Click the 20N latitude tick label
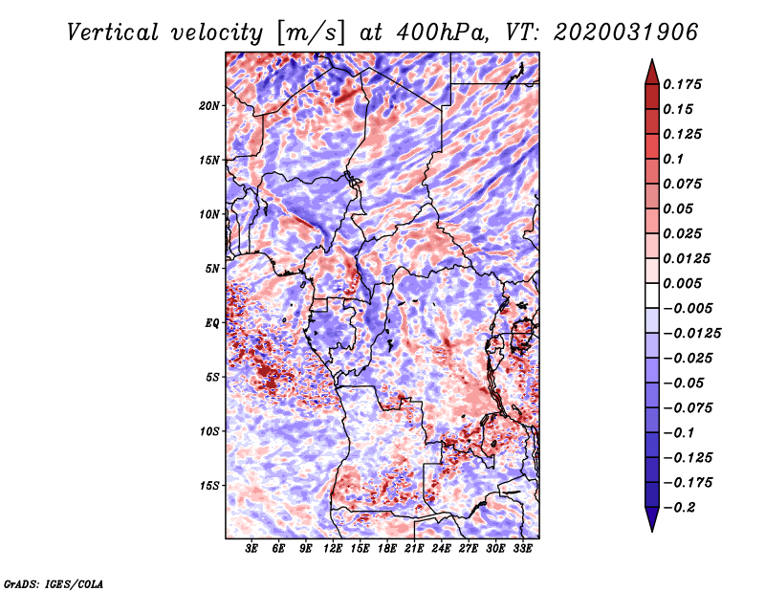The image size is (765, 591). pyautogui.click(x=209, y=106)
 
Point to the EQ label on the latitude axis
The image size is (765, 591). pyautogui.click(x=211, y=323)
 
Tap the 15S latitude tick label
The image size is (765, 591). pyautogui.click(x=209, y=486)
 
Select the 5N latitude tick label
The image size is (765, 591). pyautogui.click(x=212, y=269)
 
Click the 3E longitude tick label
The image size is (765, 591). pyautogui.click(x=251, y=549)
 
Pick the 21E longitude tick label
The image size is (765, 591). pyautogui.click(x=414, y=549)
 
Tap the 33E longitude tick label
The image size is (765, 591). pyautogui.click(x=522, y=549)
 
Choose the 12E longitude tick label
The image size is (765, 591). pyautogui.click(x=332, y=549)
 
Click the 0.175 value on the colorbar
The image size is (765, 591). pyautogui.click(x=682, y=84)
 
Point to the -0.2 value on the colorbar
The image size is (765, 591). pyautogui.click(x=679, y=508)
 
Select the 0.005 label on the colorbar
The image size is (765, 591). pyautogui.click(x=682, y=283)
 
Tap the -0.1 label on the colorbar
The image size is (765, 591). pyautogui.click(x=679, y=433)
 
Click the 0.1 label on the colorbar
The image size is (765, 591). pyautogui.click(x=673, y=159)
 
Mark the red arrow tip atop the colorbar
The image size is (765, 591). pyautogui.click(x=652, y=59)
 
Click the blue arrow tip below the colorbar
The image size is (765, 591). pyautogui.click(x=652, y=531)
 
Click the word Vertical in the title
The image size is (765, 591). pyautogui.click(x=113, y=33)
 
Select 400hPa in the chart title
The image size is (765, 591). pyautogui.click(x=442, y=33)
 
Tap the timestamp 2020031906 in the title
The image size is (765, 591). pyautogui.click(x=626, y=33)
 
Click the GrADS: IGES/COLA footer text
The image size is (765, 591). pyautogui.click(x=54, y=584)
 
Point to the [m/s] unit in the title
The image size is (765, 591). pyautogui.click(x=311, y=33)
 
